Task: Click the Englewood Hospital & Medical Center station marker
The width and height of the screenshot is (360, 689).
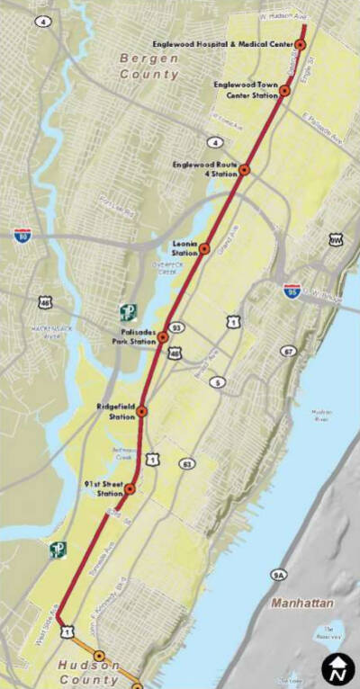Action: [301, 44]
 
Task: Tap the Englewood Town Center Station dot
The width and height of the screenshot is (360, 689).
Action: [284, 90]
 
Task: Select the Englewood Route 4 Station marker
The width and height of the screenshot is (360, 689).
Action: [244, 169]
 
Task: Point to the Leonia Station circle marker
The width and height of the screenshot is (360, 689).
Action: [204, 247]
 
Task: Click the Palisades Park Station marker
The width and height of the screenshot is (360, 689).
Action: [163, 337]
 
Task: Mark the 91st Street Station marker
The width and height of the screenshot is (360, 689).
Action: [130, 488]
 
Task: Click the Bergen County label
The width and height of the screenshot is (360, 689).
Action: [149, 66]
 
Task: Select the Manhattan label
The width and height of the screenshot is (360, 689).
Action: [301, 603]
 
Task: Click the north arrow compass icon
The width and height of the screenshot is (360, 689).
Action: [338, 668]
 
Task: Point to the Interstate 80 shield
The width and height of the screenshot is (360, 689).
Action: [22, 236]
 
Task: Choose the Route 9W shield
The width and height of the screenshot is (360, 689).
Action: [336, 240]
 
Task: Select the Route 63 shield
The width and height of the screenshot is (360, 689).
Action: [187, 464]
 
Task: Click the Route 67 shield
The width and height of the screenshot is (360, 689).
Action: [289, 351]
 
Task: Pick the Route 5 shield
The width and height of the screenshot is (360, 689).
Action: [218, 382]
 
